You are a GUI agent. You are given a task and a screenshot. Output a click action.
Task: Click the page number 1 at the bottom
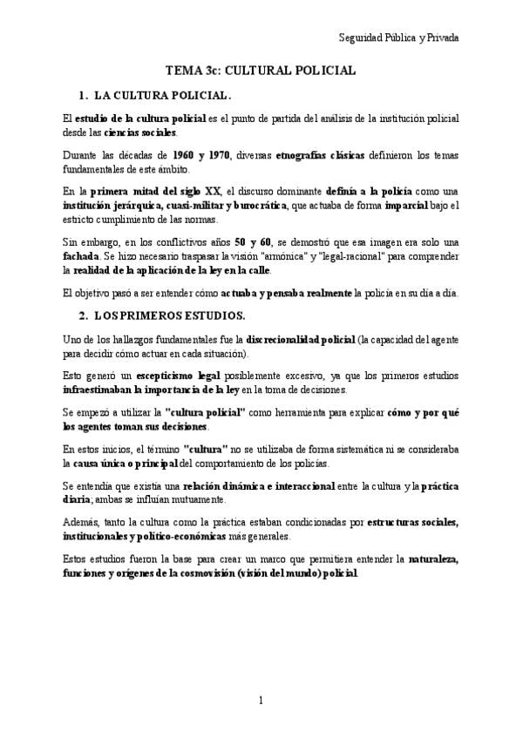click(261, 701)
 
